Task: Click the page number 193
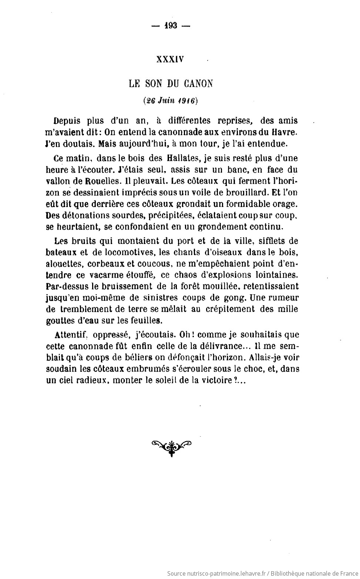pyautogui.click(x=171, y=26)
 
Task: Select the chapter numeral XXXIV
pyautogui.click(x=170, y=60)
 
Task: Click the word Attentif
pyautogui.click(x=70, y=335)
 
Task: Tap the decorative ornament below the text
pyautogui.click(x=171, y=446)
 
